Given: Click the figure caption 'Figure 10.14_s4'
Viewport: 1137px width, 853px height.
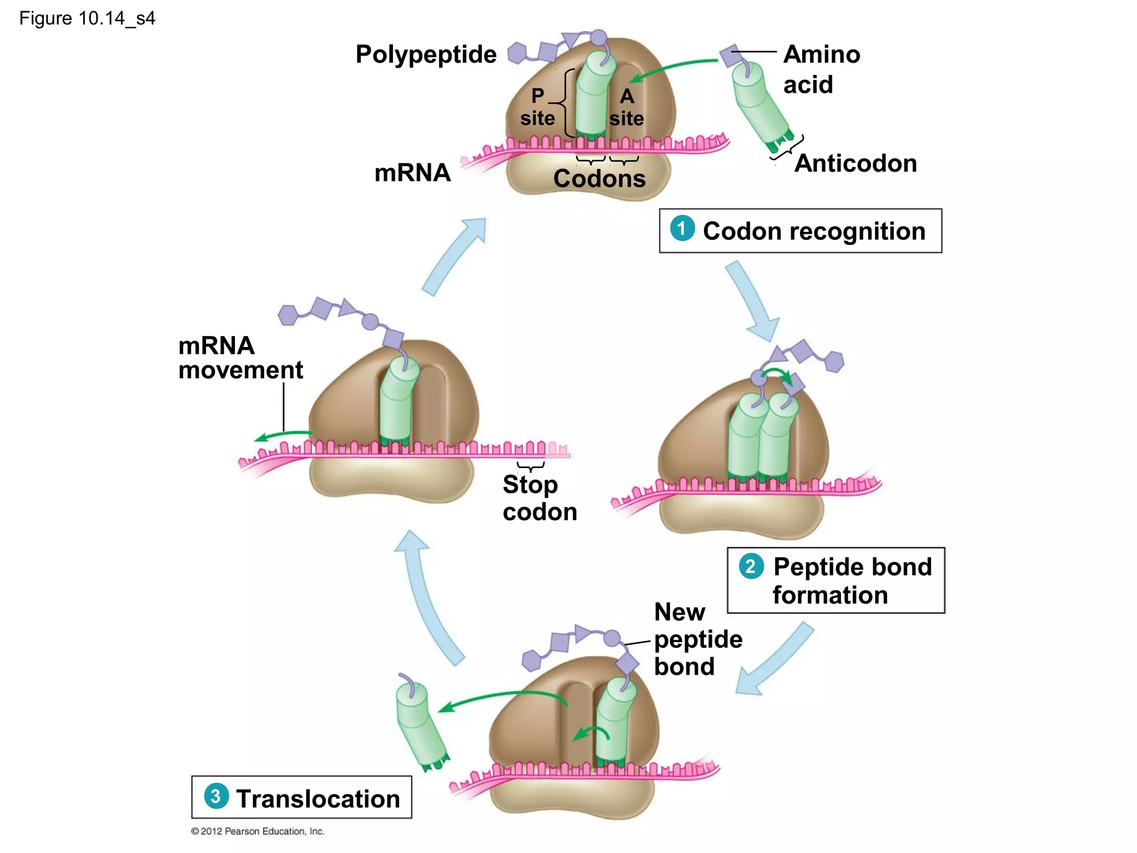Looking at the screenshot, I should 87,18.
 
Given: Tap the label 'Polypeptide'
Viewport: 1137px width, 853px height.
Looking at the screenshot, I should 426,54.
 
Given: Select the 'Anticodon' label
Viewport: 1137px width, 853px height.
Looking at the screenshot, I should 856,163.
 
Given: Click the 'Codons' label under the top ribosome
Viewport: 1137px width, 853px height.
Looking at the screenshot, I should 600,179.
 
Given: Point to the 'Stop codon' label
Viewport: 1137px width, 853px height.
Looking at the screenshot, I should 539,498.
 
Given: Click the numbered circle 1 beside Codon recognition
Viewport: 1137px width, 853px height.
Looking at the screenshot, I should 682,228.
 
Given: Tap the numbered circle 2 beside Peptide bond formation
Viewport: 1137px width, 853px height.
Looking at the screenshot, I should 751,566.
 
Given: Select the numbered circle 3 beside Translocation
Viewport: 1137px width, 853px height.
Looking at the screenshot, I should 216,796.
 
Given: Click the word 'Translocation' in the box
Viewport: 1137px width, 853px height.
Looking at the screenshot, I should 318,799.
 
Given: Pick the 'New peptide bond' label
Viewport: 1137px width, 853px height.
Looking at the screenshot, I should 697,639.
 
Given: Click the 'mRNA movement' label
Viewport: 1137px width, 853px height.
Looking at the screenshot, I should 240,358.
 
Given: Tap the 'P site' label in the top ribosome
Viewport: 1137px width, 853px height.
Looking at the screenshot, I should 537,107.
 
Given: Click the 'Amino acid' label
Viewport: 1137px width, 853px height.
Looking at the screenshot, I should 821,69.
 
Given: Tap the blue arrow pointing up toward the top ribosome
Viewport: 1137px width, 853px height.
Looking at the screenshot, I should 454,256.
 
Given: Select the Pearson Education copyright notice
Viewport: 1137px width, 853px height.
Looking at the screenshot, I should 258,831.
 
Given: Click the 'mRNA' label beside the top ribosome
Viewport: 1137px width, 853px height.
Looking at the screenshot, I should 412,173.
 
